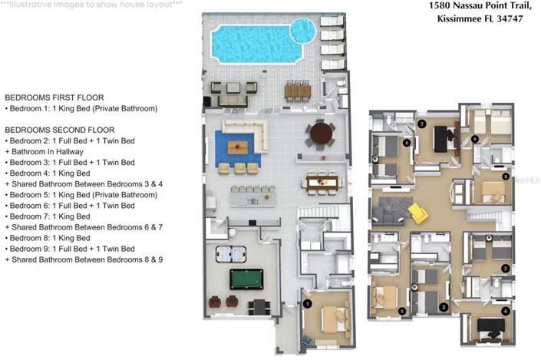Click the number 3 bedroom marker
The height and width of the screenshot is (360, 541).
[x=444, y=307]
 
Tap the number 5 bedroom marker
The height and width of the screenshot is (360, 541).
[x=402, y=311]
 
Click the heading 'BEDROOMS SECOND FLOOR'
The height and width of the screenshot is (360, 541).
[x=59, y=130]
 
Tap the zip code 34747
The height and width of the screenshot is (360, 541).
[x=507, y=18]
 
